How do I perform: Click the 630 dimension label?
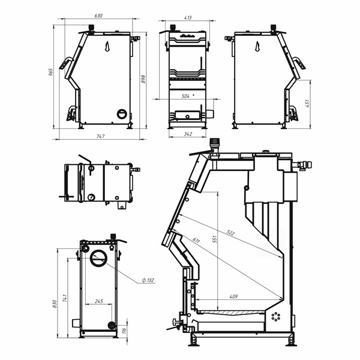(x=98, y=16)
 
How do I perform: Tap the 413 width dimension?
(x=188, y=17)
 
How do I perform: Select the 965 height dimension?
(x=51, y=72)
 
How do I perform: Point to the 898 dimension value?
(x=143, y=79)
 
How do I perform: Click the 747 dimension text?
(x=100, y=136)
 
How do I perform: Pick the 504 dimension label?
(x=185, y=96)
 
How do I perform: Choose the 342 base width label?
(x=188, y=134)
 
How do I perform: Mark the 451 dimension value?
(x=307, y=103)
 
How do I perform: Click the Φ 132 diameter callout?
(x=148, y=280)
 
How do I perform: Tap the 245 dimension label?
(x=99, y=301)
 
